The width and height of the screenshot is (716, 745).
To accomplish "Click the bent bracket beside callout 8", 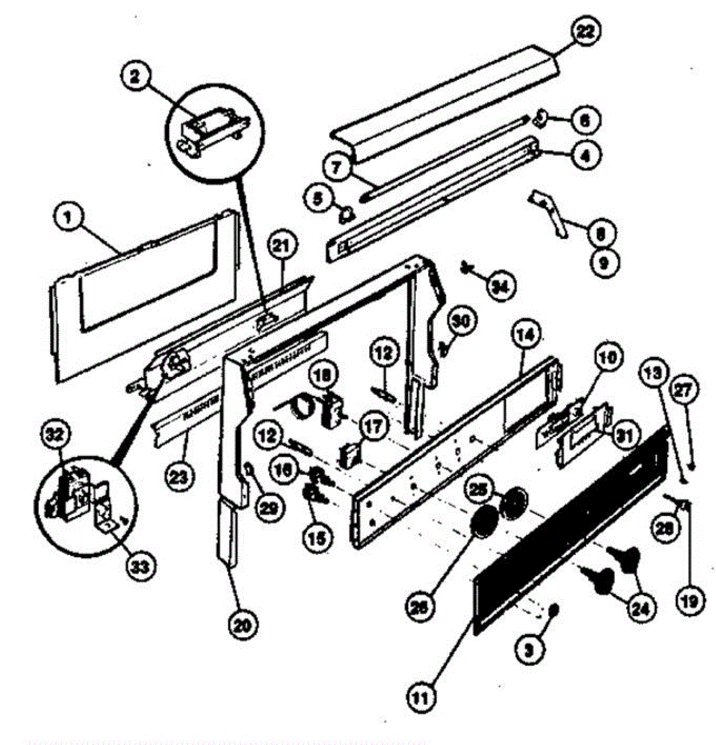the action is [550, 213].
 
